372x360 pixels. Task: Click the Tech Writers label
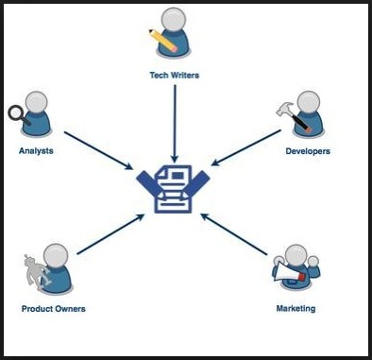pyautogui.click(x=175, y=76)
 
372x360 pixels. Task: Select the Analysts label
pyautogui.click(x=36, y=151)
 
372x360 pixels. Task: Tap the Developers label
pyautogui.click(x=308, y=151)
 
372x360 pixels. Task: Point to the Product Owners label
pyautogui.click(x=54, y=309)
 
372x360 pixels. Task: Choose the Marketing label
pyautogui.click(x=296, y=308)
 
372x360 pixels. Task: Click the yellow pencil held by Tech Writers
pyautogui.click(x=163, y=41)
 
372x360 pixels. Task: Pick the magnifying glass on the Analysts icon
pyautogui.click(x=18, y=115)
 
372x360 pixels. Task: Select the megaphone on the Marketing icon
pyautogui.click(x=289, y=272)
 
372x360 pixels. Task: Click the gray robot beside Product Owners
pyautogui.click(x=35, y=272)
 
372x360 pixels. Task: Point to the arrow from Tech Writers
pyautogui.click(x=175, y=124)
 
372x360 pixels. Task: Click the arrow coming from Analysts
pyautogui.click(x=98, y=150)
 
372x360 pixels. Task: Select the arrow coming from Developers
pyautogui.click(x=246, y=147)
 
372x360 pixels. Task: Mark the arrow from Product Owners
pyautogui.click(x=110, y=234)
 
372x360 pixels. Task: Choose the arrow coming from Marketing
pyautogui.click(x=234, y=234)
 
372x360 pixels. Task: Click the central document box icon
pyautogui.click(x=173, y=189)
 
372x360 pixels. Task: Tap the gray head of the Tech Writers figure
pyautogui.click(x=174, y=19)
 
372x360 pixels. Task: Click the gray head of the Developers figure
pyautogui.click(x=309, y=103)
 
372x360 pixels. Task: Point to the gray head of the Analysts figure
pyautogui.click(x=37, y=103)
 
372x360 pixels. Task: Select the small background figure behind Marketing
pyautogui.click(x=313, y=267)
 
